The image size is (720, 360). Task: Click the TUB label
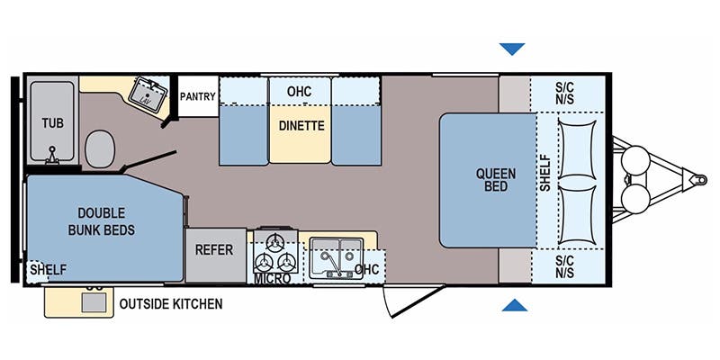tap(50, 121)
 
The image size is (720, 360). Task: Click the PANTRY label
tap(197, 96)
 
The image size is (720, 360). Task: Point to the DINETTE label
tap(301, 126)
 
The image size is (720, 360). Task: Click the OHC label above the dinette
tap(300, 92)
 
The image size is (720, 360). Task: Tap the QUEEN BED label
tap(490, 180)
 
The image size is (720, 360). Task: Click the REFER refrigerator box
tap(215, 250)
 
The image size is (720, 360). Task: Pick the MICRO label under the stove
tap(272, 279)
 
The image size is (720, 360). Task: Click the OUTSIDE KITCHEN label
tap(171, 304)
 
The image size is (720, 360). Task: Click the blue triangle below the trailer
tap(514, 305)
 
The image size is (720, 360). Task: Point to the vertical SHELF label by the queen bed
tap(544, 175)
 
